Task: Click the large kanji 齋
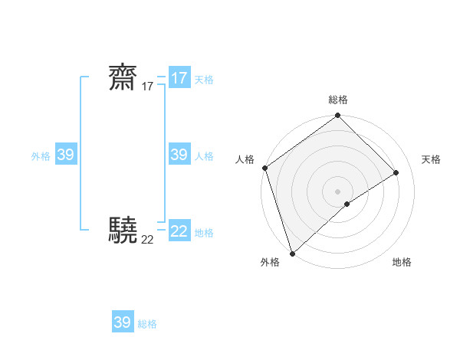point(123,78)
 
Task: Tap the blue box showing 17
point(179,78)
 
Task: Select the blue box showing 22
point(179,231)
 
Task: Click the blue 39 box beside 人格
point(179,155)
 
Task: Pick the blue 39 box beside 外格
point(66,155)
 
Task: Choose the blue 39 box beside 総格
point(123,322)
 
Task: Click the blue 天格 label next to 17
point(204,80)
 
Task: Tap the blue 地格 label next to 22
point(204,233)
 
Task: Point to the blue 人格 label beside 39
point(204,156)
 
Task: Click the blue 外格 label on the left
point(41,156)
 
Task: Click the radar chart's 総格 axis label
point(338,100)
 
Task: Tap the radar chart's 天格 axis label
point(431,159)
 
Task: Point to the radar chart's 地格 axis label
point(402,263)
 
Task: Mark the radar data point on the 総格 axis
point(338,116)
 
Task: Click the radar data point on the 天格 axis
point(396,173)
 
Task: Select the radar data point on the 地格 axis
point(347,204)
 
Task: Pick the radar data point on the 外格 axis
point(292,253)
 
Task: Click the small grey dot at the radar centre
point(338,191)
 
